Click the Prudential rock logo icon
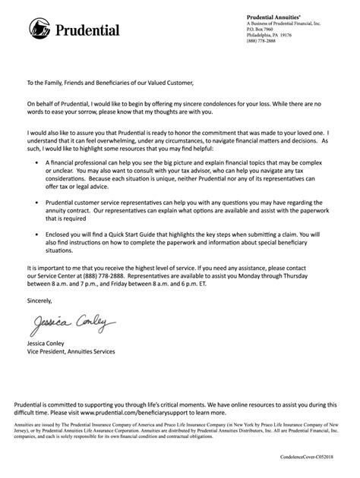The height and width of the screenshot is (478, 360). click(x=39, y=30)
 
